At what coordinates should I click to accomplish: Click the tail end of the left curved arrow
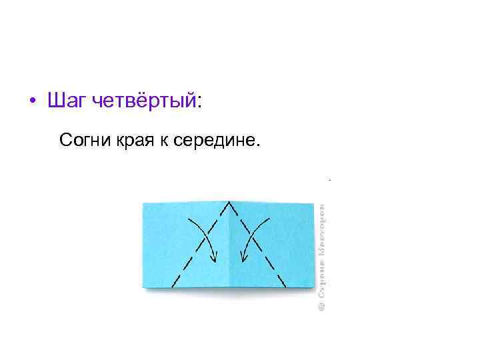(x=191, y=218)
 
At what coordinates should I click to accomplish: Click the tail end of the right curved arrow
(x=269, y=218)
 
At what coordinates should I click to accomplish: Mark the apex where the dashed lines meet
(x=229, y=202)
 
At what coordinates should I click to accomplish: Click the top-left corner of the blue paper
(x=143, y=203)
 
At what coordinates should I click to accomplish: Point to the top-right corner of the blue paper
(x=314, y=203)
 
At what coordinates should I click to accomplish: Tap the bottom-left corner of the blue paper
(x=143, y=288)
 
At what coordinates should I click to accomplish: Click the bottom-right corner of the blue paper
(x=314, y=288)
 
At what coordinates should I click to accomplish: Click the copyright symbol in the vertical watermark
(x=321, y=305)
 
